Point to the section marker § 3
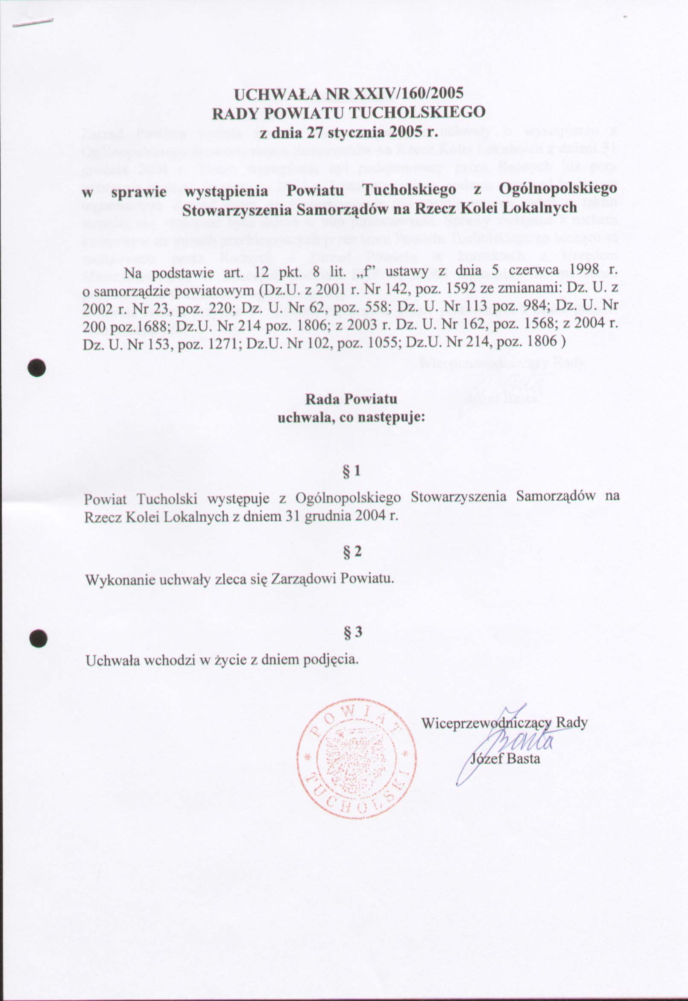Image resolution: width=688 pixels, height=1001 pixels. pos(352,632)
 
